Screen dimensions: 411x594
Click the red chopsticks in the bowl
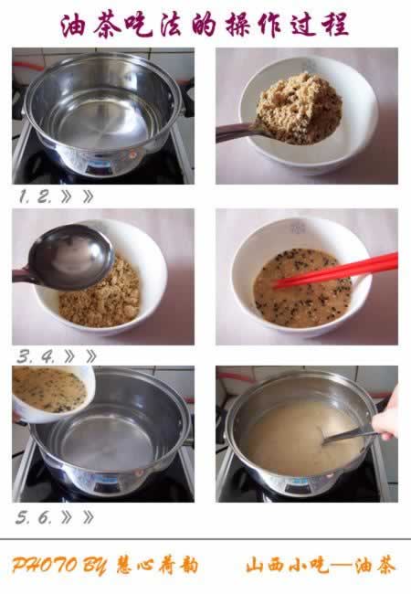tap(336, 270)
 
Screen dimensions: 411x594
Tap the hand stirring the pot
tap(386, 416)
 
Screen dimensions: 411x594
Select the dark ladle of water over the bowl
tap(64, 259)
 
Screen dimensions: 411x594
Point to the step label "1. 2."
tap(35, 196)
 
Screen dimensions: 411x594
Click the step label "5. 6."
tap(34, 517)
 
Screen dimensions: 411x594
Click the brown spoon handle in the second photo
tap(237, 133)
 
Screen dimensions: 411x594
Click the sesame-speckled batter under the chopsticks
tap(302, 288)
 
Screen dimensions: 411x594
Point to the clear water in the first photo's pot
tap(100, 122)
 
